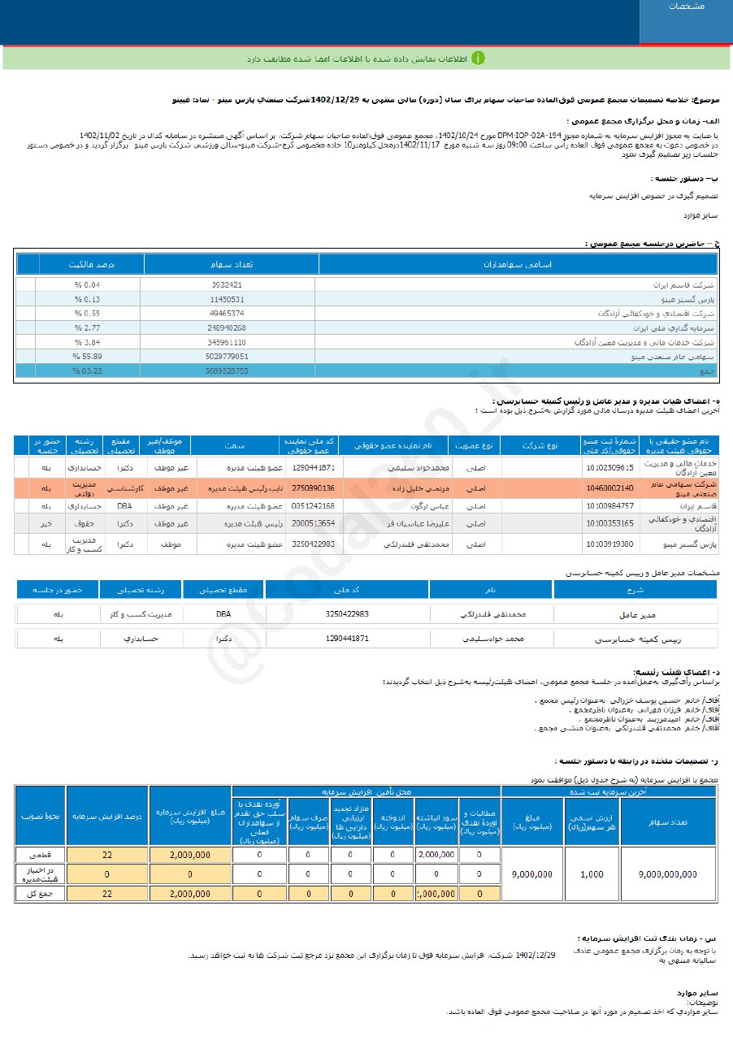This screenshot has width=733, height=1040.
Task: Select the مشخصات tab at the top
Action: (x=686, y=6)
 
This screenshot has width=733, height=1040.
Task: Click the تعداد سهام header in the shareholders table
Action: (x=231, y=264)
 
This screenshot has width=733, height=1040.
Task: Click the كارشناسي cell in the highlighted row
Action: (x=124, y=487)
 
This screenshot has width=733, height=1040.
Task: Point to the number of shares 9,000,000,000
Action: (x=668, y=874)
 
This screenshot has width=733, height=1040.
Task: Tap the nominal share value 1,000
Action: (x=592, y=874)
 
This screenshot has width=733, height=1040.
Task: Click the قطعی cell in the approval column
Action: (x=39, y=855)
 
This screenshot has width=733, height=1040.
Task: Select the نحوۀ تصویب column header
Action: (x=39, y=815)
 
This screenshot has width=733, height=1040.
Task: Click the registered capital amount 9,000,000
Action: (x=532, y=874)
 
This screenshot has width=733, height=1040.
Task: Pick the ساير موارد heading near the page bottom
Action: (x=698, y=993)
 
